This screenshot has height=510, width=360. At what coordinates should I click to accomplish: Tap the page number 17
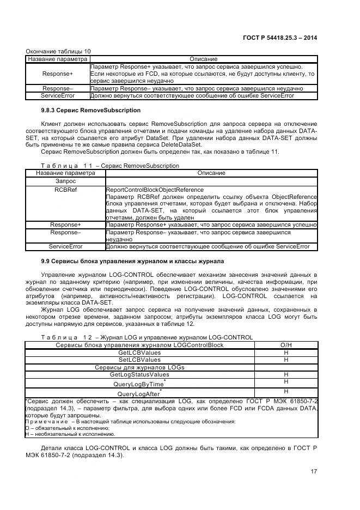[x=314, y=471]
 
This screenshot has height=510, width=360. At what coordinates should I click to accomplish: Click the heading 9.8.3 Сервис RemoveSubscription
[x=83, y=110]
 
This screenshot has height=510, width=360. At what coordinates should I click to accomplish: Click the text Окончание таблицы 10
[x=58, y=51]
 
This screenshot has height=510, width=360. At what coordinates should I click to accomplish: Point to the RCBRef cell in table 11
[x=65, y=190]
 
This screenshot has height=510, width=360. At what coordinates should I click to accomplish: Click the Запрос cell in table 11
[x=65, y=181]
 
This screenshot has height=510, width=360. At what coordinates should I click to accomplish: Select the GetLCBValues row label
[x=139, y=353]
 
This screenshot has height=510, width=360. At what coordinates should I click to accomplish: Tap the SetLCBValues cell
[x=139, y=360]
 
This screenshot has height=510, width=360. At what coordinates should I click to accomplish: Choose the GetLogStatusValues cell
[x=139, y=375]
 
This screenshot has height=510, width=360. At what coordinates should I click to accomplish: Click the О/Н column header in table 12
[x=285, y=345]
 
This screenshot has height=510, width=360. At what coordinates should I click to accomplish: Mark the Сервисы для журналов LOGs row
[x=139, y=367]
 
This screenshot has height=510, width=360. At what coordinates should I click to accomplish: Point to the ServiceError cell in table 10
[x=57, y=95]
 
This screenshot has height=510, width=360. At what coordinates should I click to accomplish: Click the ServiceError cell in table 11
[x=65, y=246]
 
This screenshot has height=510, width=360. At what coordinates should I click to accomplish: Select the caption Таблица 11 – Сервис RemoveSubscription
[x=110, y=166]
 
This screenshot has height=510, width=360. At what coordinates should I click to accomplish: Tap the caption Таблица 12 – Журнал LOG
[x=147, y=337]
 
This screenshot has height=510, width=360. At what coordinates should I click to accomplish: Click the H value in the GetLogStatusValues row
[x=285, y=375]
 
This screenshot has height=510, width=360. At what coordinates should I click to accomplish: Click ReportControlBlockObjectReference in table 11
[x=155, y=190]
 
